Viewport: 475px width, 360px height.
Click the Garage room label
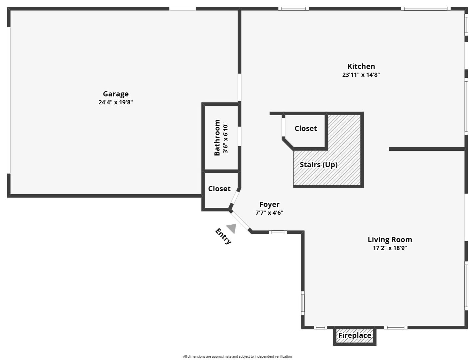(x=116, y=94)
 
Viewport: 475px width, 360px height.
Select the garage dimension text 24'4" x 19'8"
(x=116, y=102)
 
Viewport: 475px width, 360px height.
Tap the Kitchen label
(x=361, y=66)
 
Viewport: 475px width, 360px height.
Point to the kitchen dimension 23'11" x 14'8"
(x=361, y=75)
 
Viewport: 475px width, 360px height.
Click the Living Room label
(x=390, y=240)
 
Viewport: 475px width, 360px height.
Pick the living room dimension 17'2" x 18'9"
(x=390, y=248)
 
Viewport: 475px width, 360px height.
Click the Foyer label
(x=269, y=204)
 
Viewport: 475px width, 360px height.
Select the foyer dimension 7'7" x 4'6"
(x=269, y=213)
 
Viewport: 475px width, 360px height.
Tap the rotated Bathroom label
(x=217, y=137)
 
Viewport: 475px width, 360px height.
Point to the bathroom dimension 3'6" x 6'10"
(x=226, y=138)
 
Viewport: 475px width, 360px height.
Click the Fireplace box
(x=354, y=336)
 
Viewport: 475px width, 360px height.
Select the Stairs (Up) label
(x=318, y=165)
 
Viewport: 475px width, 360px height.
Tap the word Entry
(x=223, y=236)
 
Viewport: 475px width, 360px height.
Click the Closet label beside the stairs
(x=305, y=129)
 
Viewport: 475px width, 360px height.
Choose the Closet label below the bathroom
(x=219, y=189)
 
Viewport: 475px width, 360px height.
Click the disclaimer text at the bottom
(x=237, y=356)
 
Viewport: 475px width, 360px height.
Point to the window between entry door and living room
(x=277, y=232)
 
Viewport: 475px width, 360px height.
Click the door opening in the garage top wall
(x=182, y=9)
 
